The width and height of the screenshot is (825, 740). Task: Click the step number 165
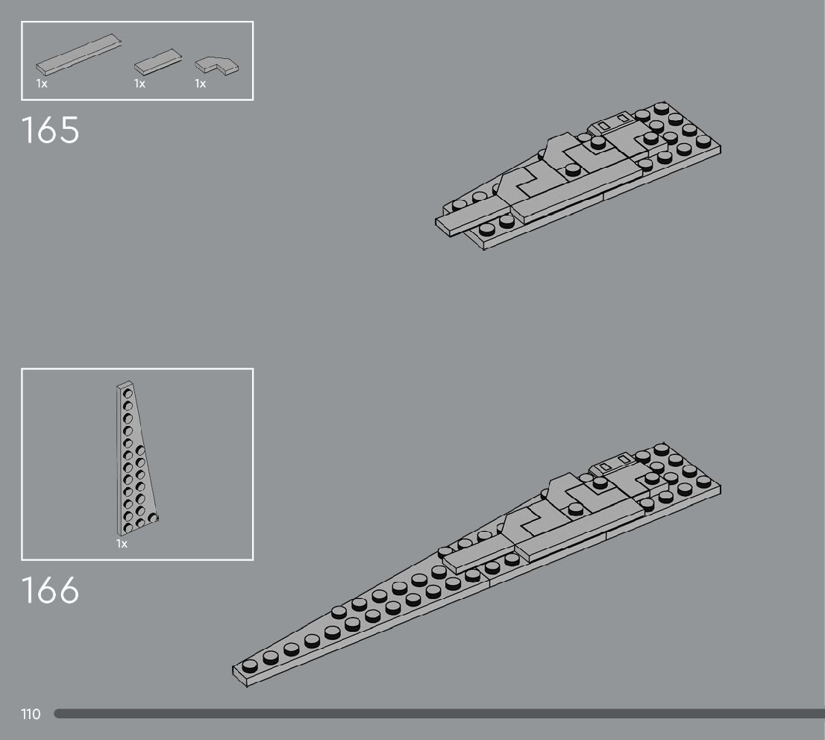(x=50, y=130)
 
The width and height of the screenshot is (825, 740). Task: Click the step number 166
(x=50, y=590)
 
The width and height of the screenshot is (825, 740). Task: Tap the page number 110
(x=31, y=715)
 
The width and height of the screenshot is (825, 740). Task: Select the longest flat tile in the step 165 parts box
(x=78, y=56)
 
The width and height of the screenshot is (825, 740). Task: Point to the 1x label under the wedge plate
(x=122, y=544)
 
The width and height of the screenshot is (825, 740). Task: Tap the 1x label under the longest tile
(x=42, y=84)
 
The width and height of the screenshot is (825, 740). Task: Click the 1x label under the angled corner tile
(x=201, y=84)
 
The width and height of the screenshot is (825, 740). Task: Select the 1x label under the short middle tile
(x=139, y=84)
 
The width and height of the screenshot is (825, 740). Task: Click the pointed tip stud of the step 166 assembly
(x=249, y=665)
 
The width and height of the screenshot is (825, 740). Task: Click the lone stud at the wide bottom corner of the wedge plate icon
(x=152, y=517)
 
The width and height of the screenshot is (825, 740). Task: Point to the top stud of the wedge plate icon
(x=127, y=393)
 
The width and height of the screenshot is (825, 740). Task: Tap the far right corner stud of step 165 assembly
(x=703, y=141)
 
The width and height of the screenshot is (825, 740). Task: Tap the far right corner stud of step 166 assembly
(x=703, y=483)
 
